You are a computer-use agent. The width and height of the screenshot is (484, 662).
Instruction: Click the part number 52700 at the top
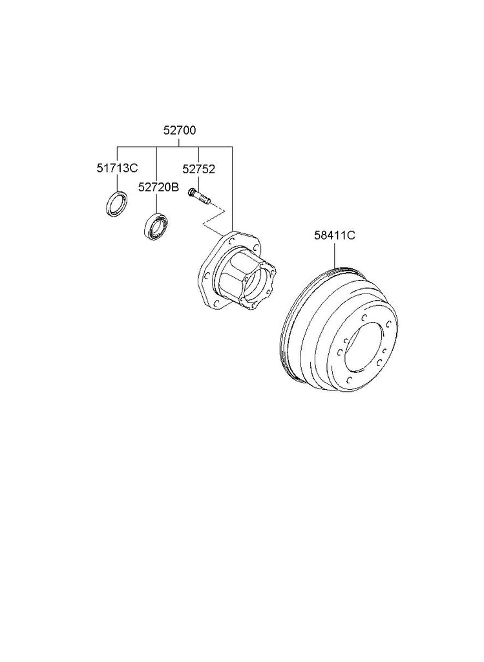[x=180, y=131]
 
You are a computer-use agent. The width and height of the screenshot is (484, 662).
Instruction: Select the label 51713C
[x=117, y=168]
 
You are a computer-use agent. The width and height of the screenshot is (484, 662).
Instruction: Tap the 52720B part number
[x=158, y=187]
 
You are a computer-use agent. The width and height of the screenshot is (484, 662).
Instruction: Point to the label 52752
[x=199, y=169]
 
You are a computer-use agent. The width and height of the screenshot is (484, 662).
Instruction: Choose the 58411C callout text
[x=334, y=235]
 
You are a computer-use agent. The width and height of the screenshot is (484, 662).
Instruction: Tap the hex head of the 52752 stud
[x=191, y=193]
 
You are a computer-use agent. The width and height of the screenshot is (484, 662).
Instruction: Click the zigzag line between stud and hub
[x=215, y=219]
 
